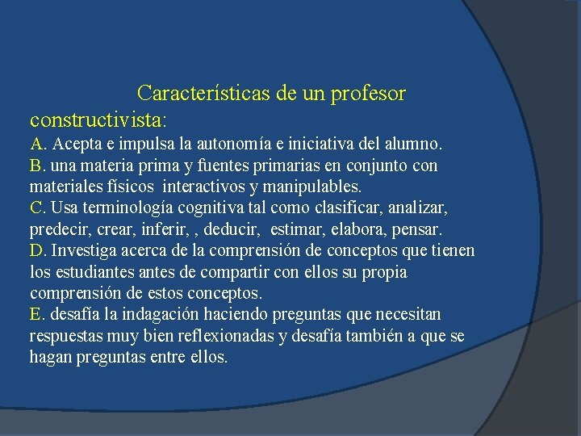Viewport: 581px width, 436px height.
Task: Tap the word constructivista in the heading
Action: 96,119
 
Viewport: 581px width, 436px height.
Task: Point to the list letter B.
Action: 37,166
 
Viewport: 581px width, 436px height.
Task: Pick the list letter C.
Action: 37,208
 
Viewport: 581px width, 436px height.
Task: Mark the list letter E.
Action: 37,314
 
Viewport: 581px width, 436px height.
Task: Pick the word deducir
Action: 231,229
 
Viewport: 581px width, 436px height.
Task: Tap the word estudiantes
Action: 93,272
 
